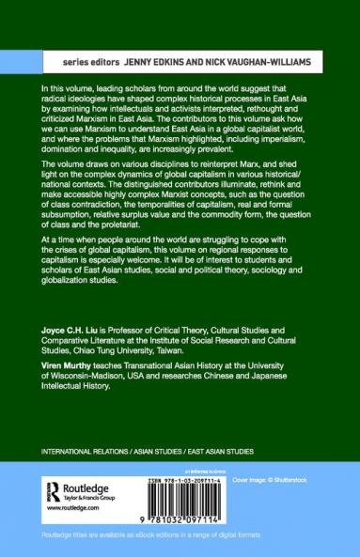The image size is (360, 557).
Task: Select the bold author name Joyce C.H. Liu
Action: tap(69, 358)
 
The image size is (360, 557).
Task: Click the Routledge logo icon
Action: tap(52, 489)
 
